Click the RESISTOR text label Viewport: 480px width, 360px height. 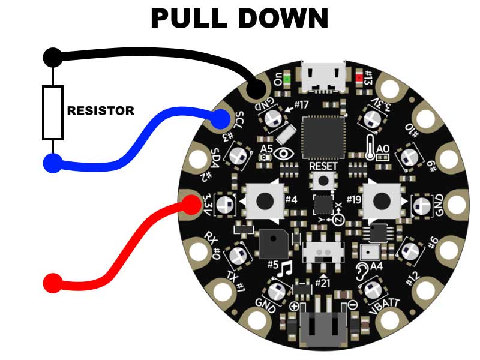tap(101, 111)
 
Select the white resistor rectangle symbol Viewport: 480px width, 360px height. tap(53, 112)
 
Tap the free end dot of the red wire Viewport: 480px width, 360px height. tap(53, 283)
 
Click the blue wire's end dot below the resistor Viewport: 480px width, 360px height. tap(53, 163)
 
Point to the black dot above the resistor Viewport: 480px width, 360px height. tap(53, 58)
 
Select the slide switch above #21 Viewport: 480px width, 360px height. tap(323, 251)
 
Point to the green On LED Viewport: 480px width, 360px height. tap(287, 79)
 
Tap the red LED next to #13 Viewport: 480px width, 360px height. tap(360, 78)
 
